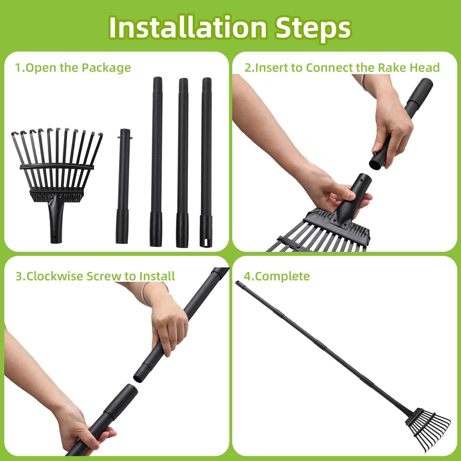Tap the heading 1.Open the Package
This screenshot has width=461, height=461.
[x=73, y=68]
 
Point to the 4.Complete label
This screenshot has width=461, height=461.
[x=277, y=276]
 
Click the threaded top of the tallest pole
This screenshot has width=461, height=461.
[x=157, y=81]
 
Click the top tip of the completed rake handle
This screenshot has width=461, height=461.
[x=237, y=282]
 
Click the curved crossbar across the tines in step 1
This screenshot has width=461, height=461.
[x=57, y=167]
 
